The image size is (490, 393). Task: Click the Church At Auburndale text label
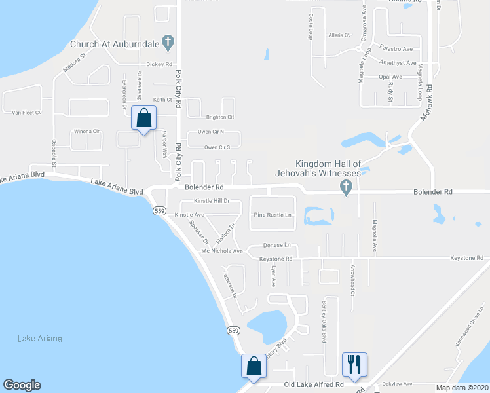[115, 45]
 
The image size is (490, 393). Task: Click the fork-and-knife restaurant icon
[354, 364]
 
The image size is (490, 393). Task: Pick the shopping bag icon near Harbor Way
[143, 119]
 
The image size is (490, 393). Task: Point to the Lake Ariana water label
[39, 338]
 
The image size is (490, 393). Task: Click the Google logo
[22, 385]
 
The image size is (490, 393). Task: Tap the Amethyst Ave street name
[398, 63]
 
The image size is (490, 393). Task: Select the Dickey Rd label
[159, 64]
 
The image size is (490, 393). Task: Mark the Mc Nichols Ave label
[222, 251]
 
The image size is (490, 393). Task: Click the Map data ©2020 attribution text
[461, 387]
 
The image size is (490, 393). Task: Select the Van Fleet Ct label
[26, 113]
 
